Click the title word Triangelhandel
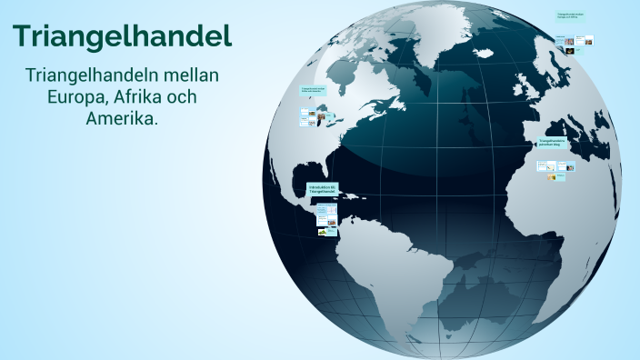(x=122, y=36)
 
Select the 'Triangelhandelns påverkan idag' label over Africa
(x=552, y=143)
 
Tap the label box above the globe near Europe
(x=571, y=15)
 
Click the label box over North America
(x=313, y=90)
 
